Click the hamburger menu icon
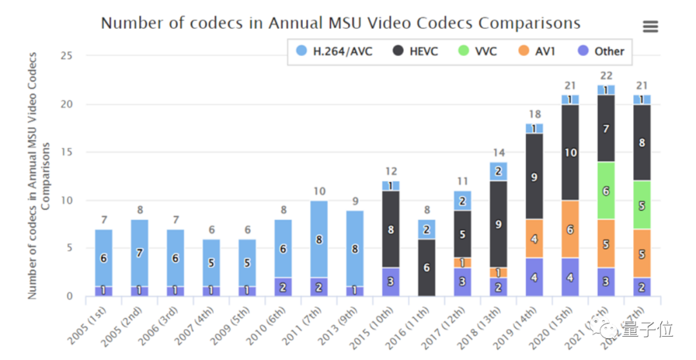(x=650, y=26)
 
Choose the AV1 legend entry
(x=537, y=51)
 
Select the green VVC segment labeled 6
(x=606, y=191)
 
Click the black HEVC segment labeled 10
(x=570, y=152)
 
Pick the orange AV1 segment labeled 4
(x=534, y=238)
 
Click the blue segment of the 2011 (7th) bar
(x=318, y=239)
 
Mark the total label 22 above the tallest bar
(x=605, y=75)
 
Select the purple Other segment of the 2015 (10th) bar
(x=391, y=282)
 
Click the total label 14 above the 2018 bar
(x=498, y=153)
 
